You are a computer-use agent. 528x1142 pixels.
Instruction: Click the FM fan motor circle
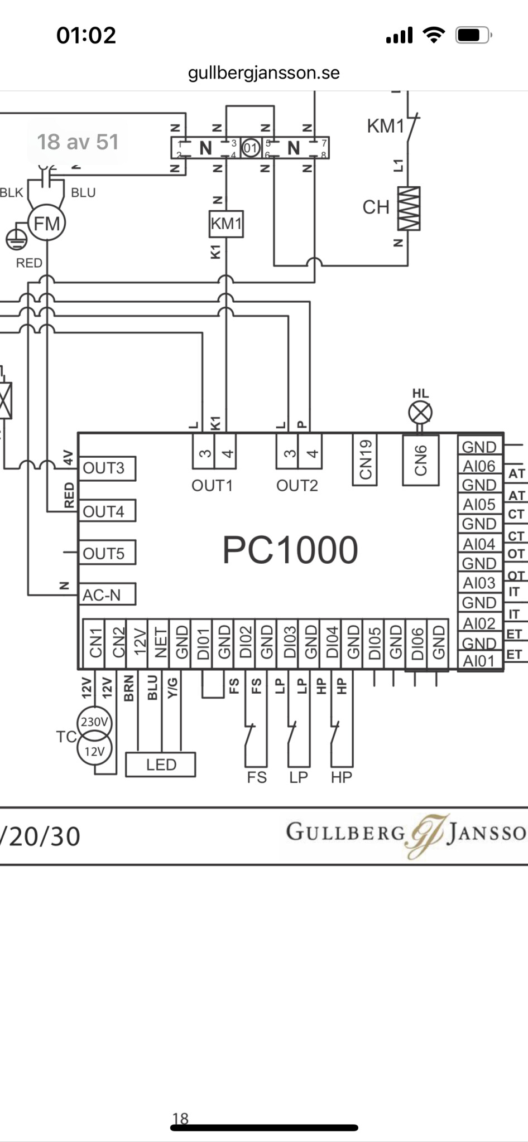[47, 224]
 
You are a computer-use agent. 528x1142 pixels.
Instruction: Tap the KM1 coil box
[226, 224]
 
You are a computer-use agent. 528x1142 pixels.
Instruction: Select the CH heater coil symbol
[409, 208]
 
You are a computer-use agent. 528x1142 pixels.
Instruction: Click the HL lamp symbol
[420, 413]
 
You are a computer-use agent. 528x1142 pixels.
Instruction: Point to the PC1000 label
[290, 550]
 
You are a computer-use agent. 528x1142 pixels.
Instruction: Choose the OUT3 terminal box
[108, 468]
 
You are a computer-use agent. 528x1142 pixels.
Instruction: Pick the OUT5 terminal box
[108, 553]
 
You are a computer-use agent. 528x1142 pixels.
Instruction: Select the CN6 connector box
[421, 460]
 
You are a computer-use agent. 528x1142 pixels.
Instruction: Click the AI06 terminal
[479, 466]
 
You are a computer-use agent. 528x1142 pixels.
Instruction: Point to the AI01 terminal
[479, 661]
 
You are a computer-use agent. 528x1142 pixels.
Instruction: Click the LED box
[161, 764]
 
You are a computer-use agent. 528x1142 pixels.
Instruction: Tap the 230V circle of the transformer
[94, 722]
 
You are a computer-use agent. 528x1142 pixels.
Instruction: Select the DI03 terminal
[289, 643]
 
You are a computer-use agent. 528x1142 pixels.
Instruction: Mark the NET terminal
[161, 643]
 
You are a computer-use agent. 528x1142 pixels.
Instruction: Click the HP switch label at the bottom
[342, 777]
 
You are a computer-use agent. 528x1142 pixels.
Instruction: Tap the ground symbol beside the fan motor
[16, 239]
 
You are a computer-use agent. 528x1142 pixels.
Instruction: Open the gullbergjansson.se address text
[264, 73]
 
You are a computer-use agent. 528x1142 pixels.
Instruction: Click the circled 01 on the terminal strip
[251, 148]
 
